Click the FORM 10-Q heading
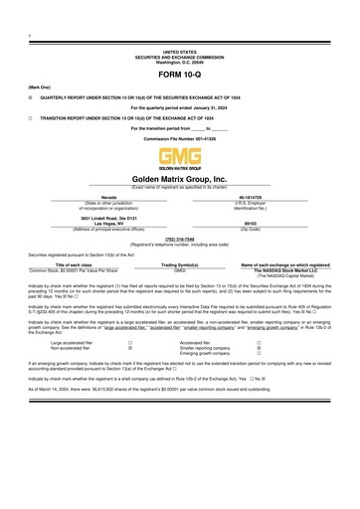[180, 76]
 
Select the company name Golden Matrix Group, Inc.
[180, 178]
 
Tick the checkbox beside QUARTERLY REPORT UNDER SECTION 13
[31, 98]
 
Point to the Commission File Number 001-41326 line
[180, 138]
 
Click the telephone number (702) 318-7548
[180, 239]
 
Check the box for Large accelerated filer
[130, 341]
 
